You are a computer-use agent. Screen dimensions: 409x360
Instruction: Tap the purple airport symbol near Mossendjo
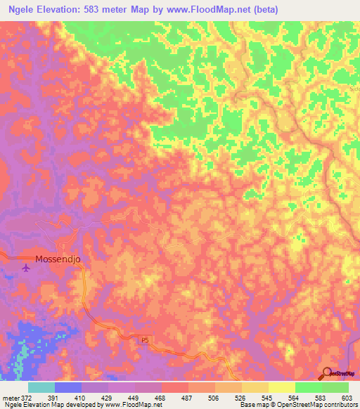coord(27,267)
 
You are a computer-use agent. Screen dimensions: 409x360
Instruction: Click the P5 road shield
coord(144,340)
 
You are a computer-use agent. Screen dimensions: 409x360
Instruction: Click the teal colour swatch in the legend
coord(41,387)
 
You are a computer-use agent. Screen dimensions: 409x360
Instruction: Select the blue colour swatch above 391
coord(68,387)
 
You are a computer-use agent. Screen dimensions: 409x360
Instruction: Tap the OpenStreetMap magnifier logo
coord(326,372)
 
